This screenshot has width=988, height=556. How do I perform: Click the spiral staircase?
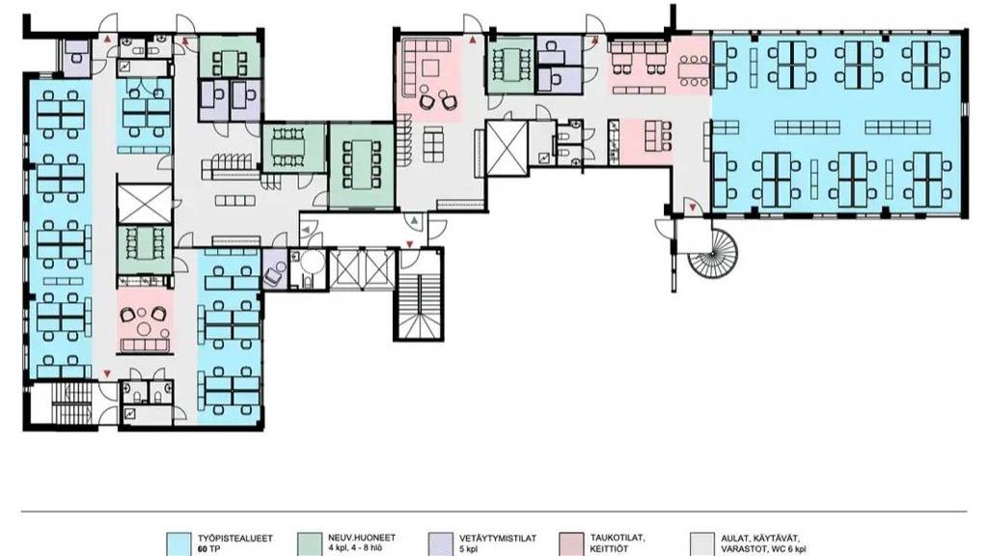tap(713, 254)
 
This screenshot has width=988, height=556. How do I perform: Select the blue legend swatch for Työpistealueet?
tap(178, 544)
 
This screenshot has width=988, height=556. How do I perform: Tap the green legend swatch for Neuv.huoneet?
tap(309, 544)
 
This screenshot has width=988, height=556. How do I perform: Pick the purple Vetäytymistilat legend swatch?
tap(440, 544)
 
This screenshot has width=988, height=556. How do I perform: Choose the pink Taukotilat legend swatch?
tap(571, 544)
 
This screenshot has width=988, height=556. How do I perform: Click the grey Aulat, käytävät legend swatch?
tap(702, 544)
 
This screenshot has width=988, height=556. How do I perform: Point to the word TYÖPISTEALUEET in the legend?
tap(235, 539)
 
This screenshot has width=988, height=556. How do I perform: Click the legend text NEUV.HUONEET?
tap(362, 538)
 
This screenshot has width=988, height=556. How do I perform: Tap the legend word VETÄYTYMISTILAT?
tap(498, 539)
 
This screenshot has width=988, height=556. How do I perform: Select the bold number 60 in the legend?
tap(203, 549)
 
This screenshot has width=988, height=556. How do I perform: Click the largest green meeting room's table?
tap(362, 164)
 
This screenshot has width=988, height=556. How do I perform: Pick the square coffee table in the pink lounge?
tap(432, 68)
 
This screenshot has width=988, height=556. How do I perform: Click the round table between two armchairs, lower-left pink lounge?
tap(145, 328)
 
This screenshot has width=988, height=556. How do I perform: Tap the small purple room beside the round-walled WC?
tap(274, 269)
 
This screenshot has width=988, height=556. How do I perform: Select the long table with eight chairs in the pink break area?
tap(694, 69)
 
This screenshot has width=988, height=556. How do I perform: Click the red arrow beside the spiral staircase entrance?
tap(693, 207)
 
